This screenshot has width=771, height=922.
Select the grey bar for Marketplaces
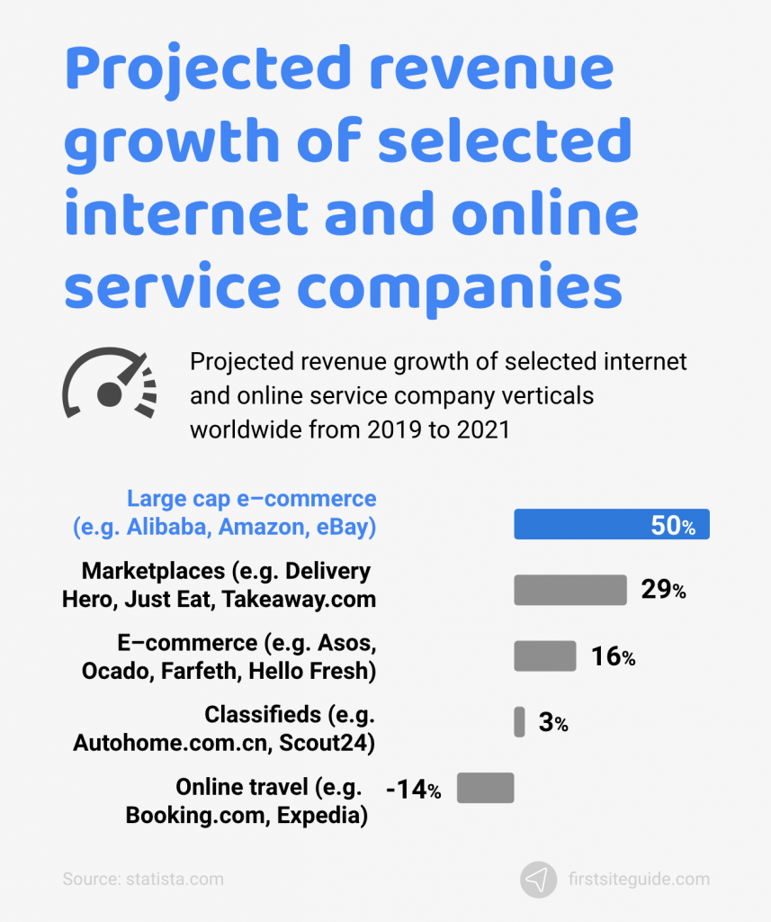click(x=569, y=590)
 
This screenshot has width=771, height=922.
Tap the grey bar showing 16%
click(x=544, y=655)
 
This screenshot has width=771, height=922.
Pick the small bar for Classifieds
click(x=519, y=721)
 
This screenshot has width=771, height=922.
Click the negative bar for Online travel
click(x=485, y=788)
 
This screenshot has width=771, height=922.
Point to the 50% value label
click(x=673, y=526)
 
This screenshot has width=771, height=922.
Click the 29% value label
click(x=664, y=591)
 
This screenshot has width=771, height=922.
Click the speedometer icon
click(x=109, y=385)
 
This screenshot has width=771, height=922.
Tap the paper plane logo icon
click(x=538, y=880)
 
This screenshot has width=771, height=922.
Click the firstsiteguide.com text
click(x=639, y=880)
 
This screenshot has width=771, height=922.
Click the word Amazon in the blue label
click(x=261, y=528)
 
